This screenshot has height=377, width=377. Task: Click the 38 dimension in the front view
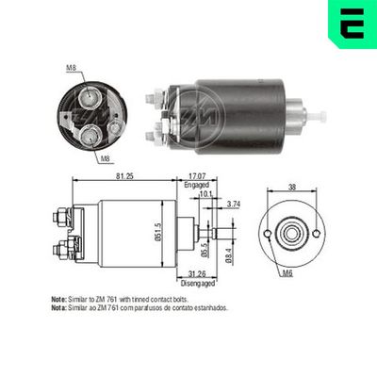click(291, 187)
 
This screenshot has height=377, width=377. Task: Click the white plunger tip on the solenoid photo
click(320, 115)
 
